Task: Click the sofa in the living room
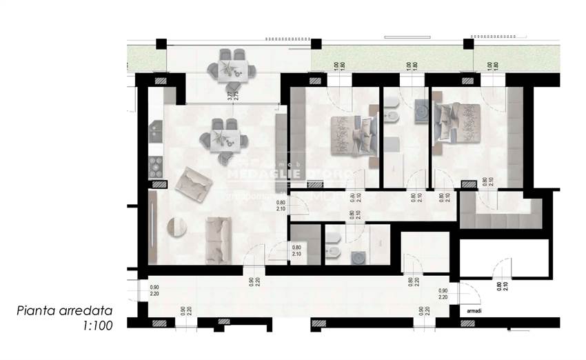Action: pyautogui.click(x=219, y=239)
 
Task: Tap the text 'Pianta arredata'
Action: pyautogui.click(x=65, y=311)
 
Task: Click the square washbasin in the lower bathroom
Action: pyautogui.click(x=360, y=257)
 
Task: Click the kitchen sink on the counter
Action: pyautogui.click(x=155, y=129)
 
